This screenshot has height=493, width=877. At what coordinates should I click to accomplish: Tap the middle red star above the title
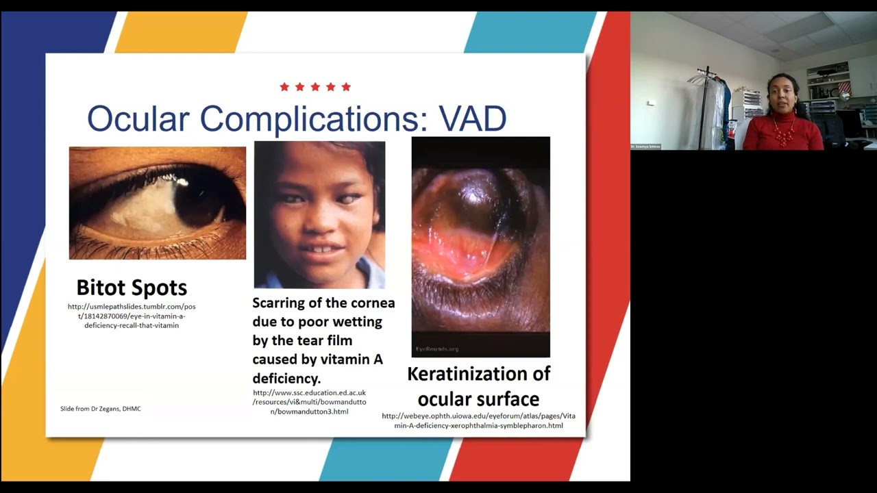[315, 87]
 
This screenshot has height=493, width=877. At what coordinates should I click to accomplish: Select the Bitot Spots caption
[132, 287]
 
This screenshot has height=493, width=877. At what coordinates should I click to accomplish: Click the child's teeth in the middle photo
[321, 249]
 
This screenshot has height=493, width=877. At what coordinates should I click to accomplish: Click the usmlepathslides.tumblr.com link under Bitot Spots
[132, 316]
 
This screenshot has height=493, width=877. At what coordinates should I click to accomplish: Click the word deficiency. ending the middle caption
[286, 378]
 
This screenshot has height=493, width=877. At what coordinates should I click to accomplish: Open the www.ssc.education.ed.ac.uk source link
[310, 402]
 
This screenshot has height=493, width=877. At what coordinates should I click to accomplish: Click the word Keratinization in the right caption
[478, 374]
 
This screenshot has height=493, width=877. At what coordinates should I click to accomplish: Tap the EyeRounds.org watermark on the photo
[437, 349]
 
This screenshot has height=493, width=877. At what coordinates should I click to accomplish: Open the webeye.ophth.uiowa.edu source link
[478, 420]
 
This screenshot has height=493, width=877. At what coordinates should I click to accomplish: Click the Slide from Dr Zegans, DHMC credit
[101, 409]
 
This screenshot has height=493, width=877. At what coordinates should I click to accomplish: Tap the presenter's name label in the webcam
[645, 147]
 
